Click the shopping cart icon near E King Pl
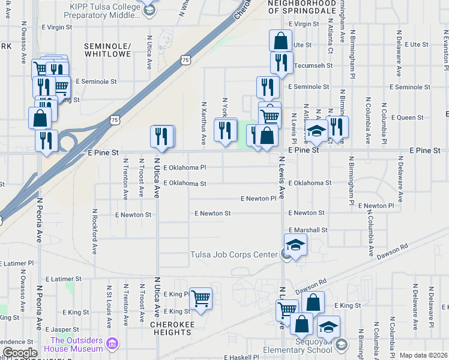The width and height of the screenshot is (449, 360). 200,297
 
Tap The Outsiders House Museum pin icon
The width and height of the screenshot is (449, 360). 112,343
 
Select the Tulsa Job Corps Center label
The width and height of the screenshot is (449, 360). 234,254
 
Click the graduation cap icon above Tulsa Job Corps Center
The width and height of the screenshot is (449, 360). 295,244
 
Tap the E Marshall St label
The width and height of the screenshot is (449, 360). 308,230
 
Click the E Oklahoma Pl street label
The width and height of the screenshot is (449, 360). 184,167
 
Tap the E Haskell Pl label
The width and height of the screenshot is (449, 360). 241,357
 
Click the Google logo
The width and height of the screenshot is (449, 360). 20,353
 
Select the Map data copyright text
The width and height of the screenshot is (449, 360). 423,355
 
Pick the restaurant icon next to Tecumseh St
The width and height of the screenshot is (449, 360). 281,62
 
